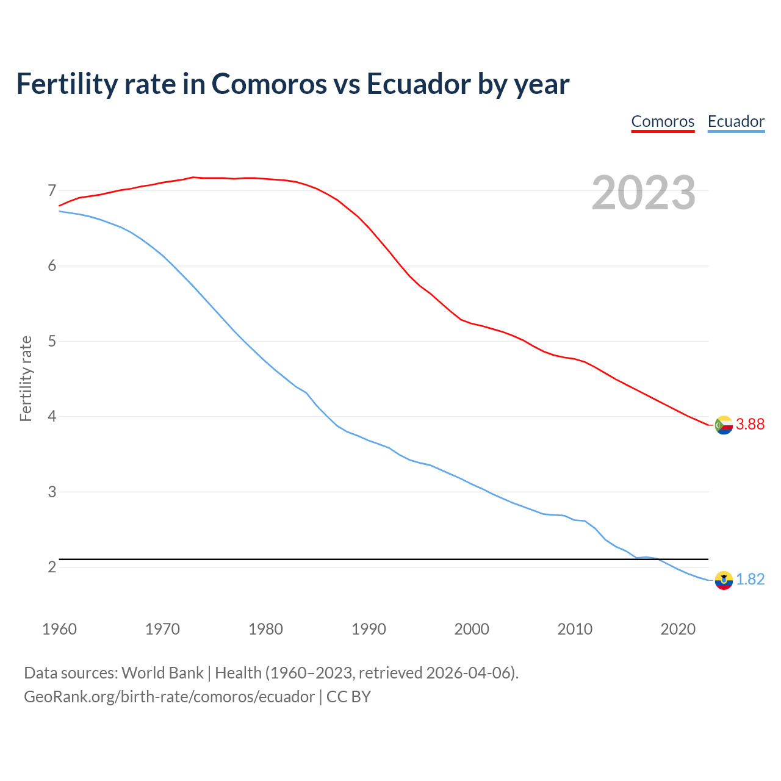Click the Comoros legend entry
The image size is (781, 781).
click(663, 121)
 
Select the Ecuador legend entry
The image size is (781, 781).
click(736, 121)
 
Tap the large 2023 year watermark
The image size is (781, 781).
click(644, 193)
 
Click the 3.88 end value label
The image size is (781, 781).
click(750, 425)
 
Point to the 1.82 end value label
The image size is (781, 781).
click(750, 580)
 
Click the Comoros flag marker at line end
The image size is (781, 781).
click(724, 425)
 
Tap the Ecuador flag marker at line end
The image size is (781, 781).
click(724, 580)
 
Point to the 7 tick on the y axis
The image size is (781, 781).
click(52, 191)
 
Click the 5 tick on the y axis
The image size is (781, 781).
click(52, 341)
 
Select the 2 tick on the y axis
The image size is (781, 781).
click(52, 567)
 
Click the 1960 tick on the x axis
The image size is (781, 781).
click(59, 629)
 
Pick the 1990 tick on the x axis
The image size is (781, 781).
click(369, 629)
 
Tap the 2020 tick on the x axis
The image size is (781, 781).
click(678, 629)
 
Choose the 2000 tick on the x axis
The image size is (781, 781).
click(472, 629)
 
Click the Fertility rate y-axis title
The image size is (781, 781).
click(26, 378)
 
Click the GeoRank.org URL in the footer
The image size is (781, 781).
click(169, 697)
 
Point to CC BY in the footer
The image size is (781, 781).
click(348, 697)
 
